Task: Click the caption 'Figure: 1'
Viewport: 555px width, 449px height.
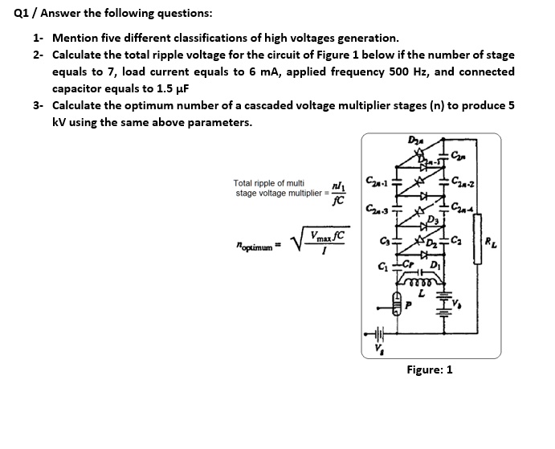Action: click(429, 369)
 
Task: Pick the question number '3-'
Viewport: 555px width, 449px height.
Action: click(39, 106)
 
